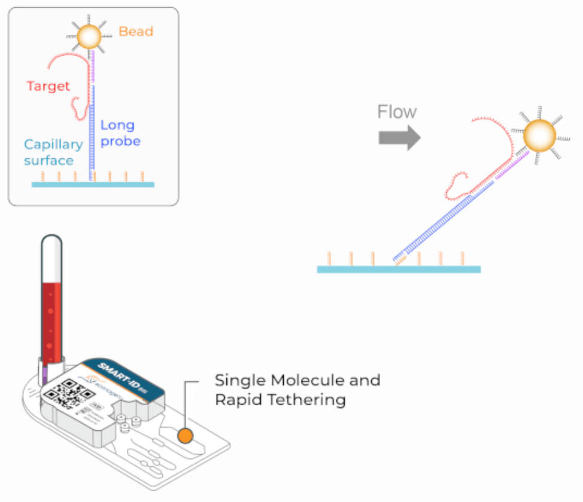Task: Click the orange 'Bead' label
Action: [135, 31]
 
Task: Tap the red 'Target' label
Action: [48, 86]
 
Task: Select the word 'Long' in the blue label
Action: [117, 125]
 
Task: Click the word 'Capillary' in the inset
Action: [53, 145]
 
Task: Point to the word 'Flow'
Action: [397, 112]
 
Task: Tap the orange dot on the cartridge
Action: [185, 436]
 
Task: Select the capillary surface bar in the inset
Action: [93, 185]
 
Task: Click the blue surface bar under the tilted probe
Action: [398, 270]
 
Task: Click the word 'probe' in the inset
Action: [122, 142]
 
